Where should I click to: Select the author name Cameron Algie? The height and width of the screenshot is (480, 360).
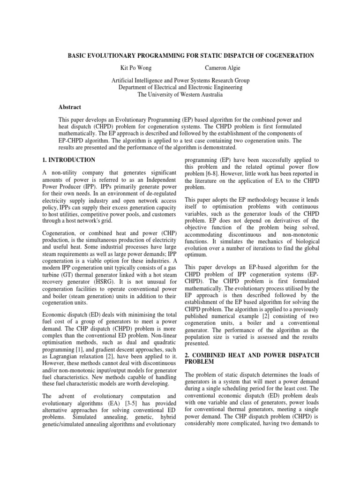click(x=223, y=68)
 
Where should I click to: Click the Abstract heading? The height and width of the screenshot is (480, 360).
click(x=71, y=107)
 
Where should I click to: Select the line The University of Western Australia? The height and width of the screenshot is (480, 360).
click(x=180, y=94)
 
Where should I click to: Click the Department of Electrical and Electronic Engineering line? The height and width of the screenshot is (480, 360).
click(x=180, y=87)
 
